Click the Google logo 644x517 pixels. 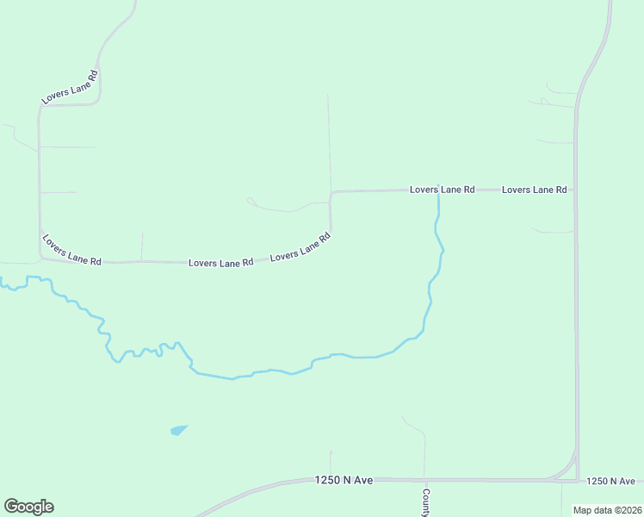click(28, 507)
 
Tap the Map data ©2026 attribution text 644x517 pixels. click(608, 509)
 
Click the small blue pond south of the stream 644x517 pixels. click(178, 429)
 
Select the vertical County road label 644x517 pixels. click(425, 503)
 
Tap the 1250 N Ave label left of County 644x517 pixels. click(344, 480)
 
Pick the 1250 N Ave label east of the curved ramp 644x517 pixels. click(610, 481)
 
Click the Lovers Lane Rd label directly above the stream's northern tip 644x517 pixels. click(442, 189)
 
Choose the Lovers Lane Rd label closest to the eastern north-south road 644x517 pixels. click(534, 189)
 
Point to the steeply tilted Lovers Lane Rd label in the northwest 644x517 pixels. click(71, 88)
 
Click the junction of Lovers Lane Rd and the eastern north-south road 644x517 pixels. click(575, 190)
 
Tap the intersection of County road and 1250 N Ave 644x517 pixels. click(424, 480)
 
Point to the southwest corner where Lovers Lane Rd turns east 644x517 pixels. click(40, 257)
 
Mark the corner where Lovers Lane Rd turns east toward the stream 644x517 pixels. click(331, 192)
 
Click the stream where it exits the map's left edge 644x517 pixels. click(3, 281)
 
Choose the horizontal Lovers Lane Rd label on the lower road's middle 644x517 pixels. click(220, 262)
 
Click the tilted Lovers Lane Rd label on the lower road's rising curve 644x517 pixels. click(300, 247)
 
